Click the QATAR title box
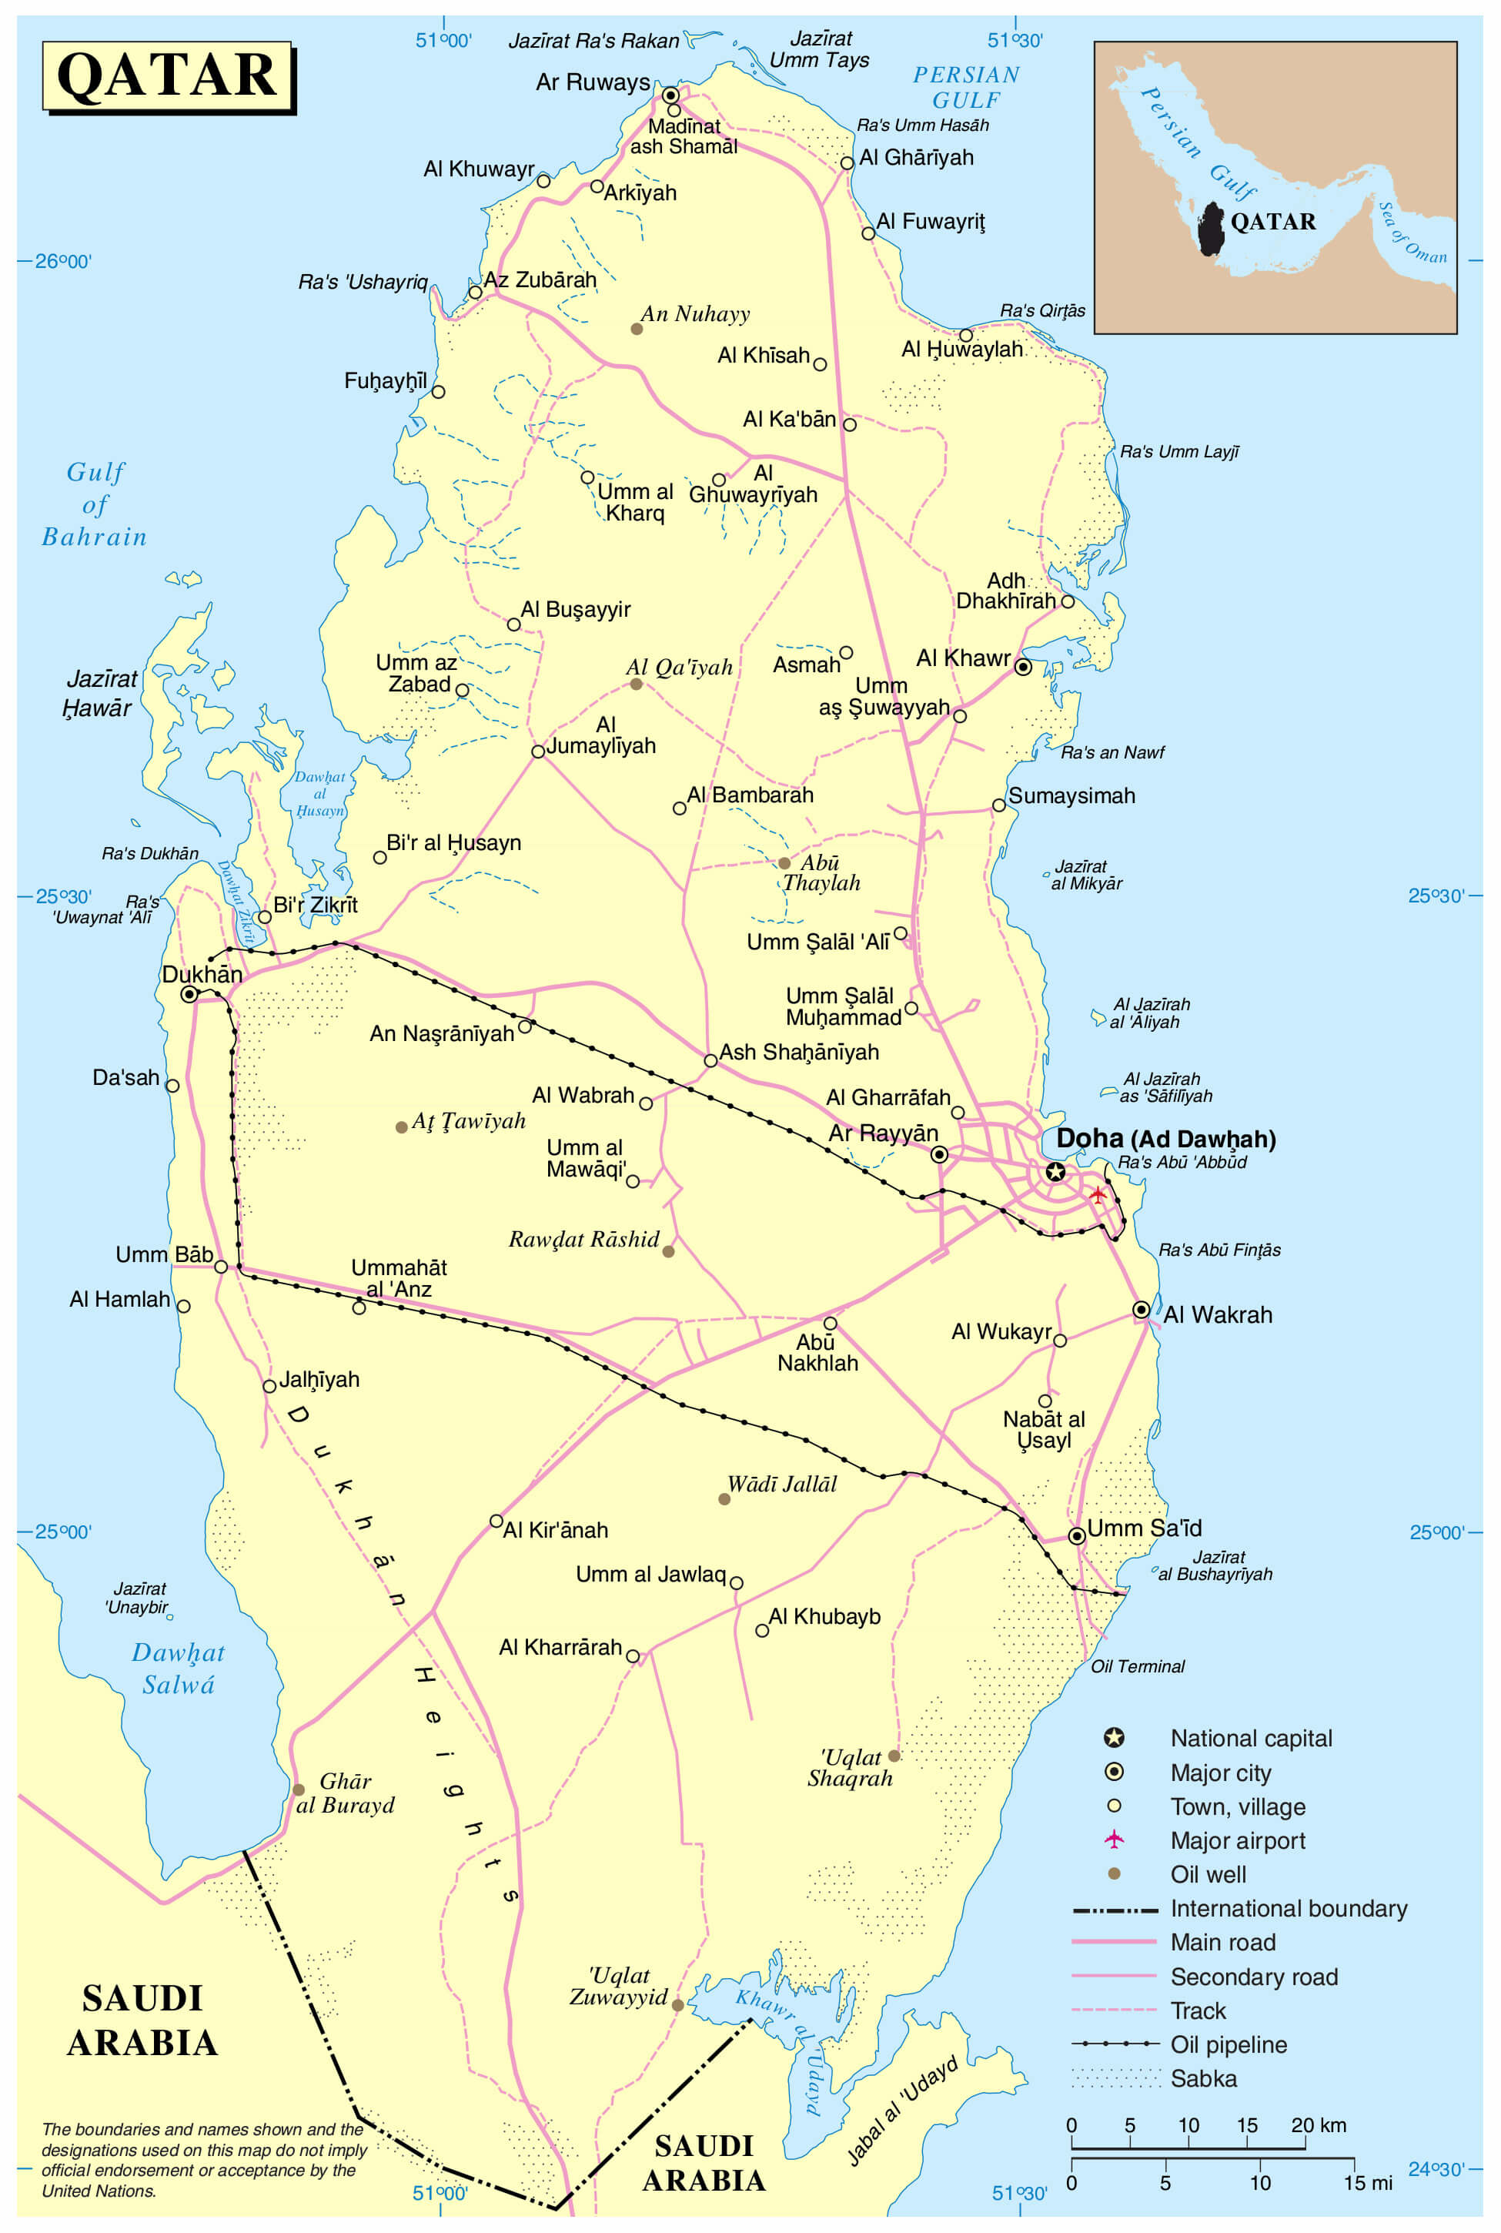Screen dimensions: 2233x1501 (x=168, y=75)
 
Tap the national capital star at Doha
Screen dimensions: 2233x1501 (x=1055, y=1171)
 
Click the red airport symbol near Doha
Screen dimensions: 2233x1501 (x=1098, y=1195)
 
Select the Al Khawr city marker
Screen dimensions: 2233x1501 (x=1023, y=667)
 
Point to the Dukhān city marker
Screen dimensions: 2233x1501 (x=189, y=994)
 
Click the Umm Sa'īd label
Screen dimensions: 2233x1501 (x=1144, y=1528)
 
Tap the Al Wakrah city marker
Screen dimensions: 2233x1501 (x=1141, y=1309)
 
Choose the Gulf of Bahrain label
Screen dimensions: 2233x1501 (x=95, y=504)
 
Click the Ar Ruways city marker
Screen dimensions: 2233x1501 (x=671, y=95)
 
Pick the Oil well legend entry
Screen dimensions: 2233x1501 (x=1208, y=1874)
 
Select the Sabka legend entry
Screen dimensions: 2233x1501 (x=1203, y=2078)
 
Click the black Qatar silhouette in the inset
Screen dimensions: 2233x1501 (x=1211, y=228)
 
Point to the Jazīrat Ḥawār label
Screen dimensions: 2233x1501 (x=99, y=693)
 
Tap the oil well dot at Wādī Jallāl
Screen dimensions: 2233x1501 (x=724, y=1498)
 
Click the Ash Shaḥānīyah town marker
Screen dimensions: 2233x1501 (x=710, y=1060)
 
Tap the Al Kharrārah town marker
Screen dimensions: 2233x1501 (x=633, y=1655)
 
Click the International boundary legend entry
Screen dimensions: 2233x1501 (x=1288, y=1908)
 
